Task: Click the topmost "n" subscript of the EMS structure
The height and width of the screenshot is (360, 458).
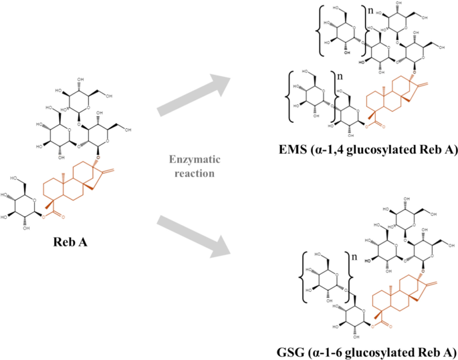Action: click(354, 11)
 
